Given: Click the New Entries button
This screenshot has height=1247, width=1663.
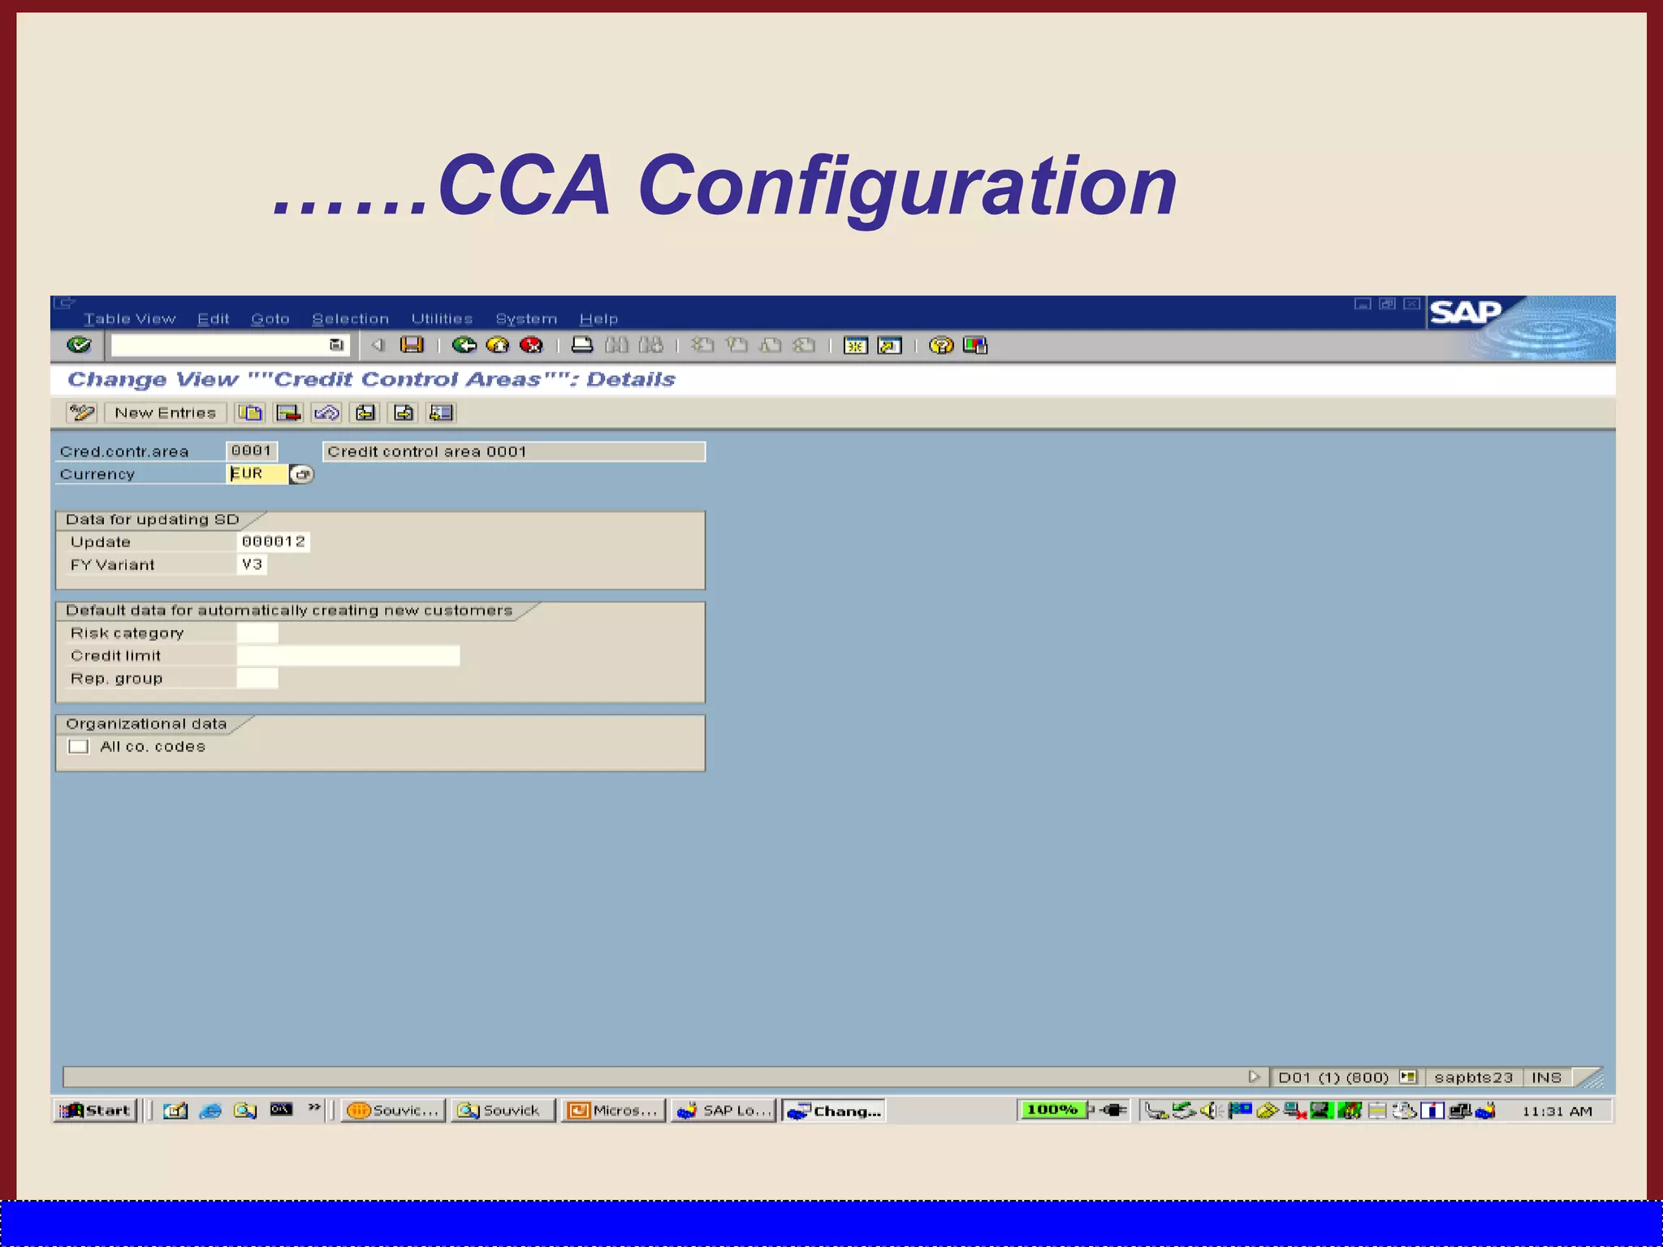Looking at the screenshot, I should pos(165,413).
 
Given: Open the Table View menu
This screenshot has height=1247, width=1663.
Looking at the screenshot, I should pos(129,319).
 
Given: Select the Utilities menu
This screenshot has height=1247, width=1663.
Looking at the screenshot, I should pos(442,319).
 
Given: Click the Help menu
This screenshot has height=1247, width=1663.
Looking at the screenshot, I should pos(598,319).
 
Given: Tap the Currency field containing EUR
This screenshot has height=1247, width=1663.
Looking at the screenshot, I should pos(257,474).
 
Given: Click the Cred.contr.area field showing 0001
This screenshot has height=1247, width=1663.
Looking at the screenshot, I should pos(252,451).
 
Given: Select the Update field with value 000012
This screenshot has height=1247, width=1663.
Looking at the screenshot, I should pos(274,542).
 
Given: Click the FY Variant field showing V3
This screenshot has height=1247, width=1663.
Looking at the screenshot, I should pos(252,564).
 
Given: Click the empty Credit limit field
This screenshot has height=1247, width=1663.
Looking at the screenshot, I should pos(348,655).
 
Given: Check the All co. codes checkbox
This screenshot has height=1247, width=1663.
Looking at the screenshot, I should pos(79,747).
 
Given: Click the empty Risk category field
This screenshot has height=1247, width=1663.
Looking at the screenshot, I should pos(257,632).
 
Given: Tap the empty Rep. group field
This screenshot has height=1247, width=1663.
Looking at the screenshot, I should pos(257,678).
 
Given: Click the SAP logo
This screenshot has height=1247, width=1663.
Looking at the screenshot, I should pos(1465,313).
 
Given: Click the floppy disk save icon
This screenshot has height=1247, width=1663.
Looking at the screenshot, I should pos(413,345).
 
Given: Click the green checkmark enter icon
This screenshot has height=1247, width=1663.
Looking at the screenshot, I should pos(79,345).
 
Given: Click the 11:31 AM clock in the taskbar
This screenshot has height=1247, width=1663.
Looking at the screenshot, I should pos(1557,1111).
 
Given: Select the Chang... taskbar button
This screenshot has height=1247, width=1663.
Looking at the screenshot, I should pos(834,1111).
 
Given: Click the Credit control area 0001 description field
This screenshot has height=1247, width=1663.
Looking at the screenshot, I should pos(514,451).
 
